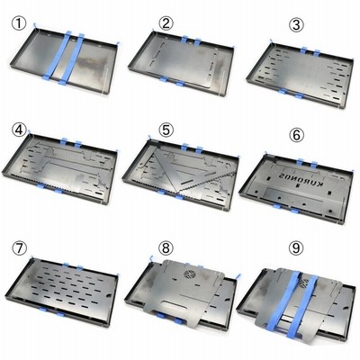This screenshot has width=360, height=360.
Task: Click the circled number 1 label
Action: pyautogui.click(x=19, y=23)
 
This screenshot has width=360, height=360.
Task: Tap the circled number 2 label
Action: pyautogui.click(x=166, y=23)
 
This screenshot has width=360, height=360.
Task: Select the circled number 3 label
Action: pyautogui.click(x=296, y=24)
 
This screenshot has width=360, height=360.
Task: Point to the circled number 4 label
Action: pyautogui.click(x=19, y=130)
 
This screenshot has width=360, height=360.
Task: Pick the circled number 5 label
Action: pyautogui.click(x=166, y=130)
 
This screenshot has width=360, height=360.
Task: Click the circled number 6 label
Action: pyautogui.click(x=296, y=135)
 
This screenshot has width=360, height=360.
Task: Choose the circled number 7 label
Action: pyautogui.click(x=20, y=248)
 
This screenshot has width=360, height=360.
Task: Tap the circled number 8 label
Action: pyautogui.click(x=166, y=248)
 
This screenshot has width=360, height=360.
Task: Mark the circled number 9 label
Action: pyautogui.click(x=296, y=248)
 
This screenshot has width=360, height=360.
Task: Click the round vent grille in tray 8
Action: pyautogui.click(x=189, y=274)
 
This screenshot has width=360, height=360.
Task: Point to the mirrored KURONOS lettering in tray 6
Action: pyautogui.click(x=301, y=180)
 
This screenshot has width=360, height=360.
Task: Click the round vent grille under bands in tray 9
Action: pyautogui.click(x=303, y=283)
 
